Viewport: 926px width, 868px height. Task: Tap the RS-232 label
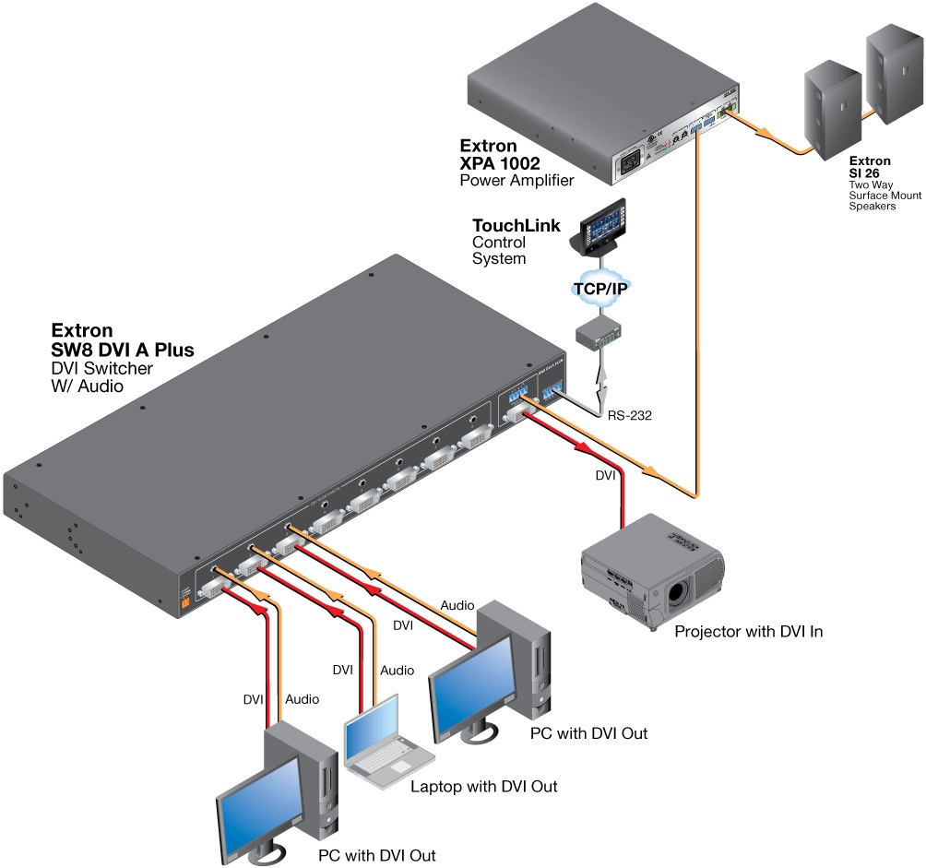(x=630, y=416)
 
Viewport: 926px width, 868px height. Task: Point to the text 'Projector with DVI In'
(x=748, y=632)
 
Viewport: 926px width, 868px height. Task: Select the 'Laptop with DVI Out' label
(x=484, y=787)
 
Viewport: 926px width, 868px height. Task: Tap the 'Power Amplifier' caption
(x=516, y=180)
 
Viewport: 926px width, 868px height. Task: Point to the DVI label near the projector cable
(x=606, y=477)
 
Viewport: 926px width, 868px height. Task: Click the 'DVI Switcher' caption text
(x=101, y=368)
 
